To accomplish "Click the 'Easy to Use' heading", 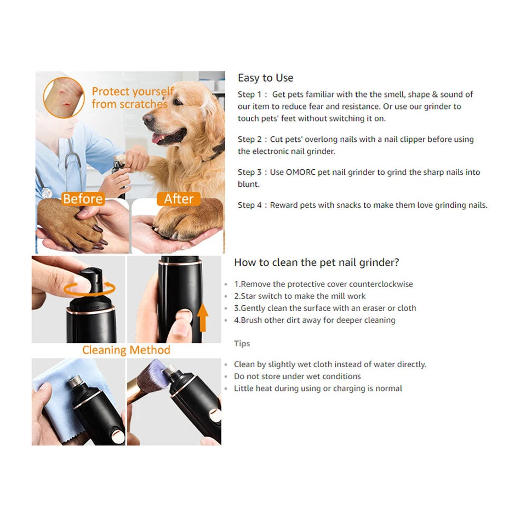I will click(265, 78).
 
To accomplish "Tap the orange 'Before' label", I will click(83, 198).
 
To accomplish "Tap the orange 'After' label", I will click(179, 198).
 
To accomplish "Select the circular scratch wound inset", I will click(64, 98).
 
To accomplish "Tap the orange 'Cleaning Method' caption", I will click(126, 350).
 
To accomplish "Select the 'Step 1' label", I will click(249, 94).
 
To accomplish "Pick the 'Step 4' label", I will click(249, 205).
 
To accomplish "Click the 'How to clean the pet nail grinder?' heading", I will click(316, 262).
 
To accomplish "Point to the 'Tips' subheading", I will click(242, 344).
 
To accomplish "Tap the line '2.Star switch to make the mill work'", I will click(300, 296).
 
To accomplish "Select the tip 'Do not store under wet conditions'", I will click(297, 376).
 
